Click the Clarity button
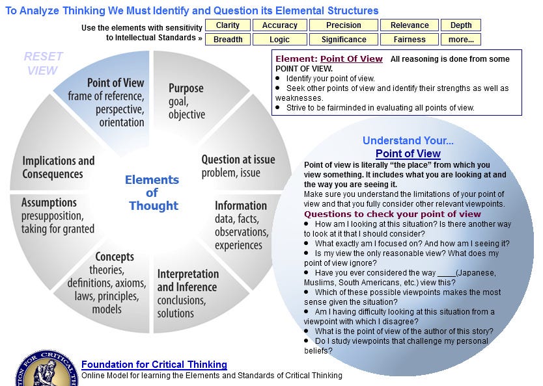coord(228,25)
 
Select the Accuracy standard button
coord(280,25)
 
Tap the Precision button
coord(344,25)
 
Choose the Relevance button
coord(410,25)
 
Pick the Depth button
coord(461,25)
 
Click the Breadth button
coord(228,40)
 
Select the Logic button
coord(280,40)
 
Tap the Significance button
coord(344,40)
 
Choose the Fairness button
coord(410,40)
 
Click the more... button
coord(461,40)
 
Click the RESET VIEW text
coord(43,64)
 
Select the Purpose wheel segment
coord(187,101)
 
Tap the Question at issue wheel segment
coord(238,166)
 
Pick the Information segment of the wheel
coord(241,225)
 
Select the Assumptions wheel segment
coord(59,215)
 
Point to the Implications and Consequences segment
coord(59,167)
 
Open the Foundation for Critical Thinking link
coord(154,365)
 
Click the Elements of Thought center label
coord(152,192)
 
